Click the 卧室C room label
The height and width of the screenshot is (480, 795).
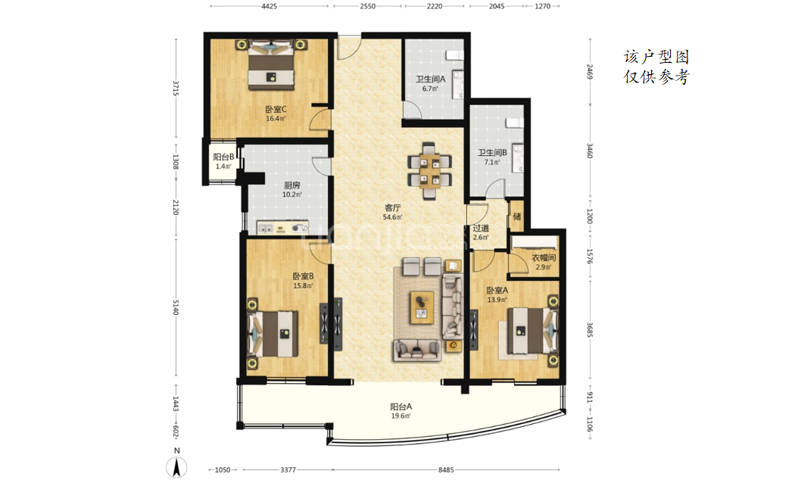point(276,109)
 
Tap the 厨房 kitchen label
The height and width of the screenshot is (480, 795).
point(292,185)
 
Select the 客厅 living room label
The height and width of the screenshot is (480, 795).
point(393,207)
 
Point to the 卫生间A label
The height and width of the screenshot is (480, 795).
point(431,79)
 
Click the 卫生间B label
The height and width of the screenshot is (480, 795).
point(492,153)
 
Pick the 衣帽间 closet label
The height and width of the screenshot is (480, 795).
point(544,257)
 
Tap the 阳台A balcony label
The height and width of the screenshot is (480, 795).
point(401,407)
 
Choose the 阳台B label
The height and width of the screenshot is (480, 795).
point(223,157)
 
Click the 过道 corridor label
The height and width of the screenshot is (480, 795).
point(481,228)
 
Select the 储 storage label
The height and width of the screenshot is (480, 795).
point(516,217)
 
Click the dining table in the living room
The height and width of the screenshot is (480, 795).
point(429,171)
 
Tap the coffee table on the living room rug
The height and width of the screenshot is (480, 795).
point(422,307)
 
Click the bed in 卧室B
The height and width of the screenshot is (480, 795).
point(273,334)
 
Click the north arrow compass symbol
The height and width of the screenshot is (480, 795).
point(176,466)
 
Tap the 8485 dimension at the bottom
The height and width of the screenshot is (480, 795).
point(446,470)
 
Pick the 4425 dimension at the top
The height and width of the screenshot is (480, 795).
point(270,6)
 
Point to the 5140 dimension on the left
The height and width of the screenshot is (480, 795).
point(176,307)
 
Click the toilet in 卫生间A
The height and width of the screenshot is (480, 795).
point(454,55)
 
